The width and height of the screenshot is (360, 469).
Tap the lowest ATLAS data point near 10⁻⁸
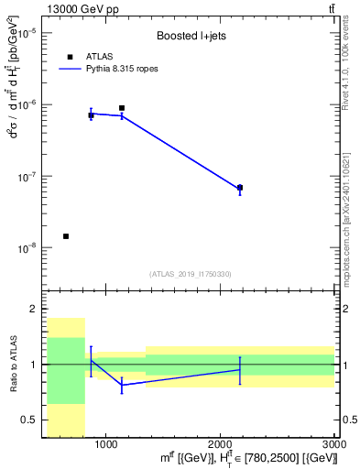pyautogui.click(x=66, y=236)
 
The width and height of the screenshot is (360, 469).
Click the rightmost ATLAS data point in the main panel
pyautogui.click(x=240, y=187)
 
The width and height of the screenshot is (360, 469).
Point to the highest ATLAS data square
pyautogui.click(x=122, y=108)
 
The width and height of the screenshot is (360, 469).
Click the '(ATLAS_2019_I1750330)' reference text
pyautogui.click(x=191, y=273)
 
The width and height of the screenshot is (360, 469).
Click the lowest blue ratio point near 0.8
pyautogui.click(x=122, y=385)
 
